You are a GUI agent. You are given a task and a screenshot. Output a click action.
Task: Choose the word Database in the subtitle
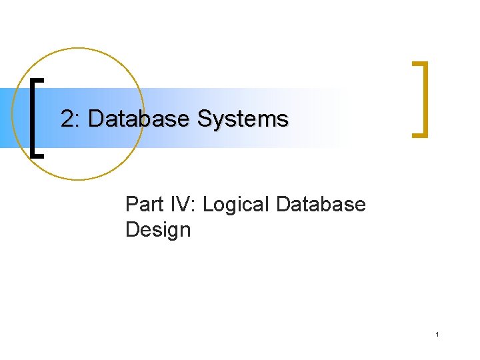pyautogui.click(x=320, y=204)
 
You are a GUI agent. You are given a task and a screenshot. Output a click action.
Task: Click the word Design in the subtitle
pyautogui.click(x=157, y=230)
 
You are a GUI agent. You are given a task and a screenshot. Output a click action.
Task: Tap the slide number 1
pyautogui.click(x=437, y=334)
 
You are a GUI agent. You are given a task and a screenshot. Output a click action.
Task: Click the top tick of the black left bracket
pyautogui.click(x=39, y=79)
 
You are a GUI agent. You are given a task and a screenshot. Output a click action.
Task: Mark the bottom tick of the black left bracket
pyautogui.click(x=39, y=155)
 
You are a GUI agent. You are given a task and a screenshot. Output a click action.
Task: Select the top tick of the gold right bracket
pyautogui.click(x=419, y=63)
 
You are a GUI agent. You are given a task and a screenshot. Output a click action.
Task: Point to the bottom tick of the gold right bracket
pyautogui.click(x=419, y=135)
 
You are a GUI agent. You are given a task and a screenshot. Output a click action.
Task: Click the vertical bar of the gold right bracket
pyautogui.click(x=425, y=99)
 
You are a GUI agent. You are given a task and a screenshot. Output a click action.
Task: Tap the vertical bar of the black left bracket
pyautogui.click(x=33, y=117)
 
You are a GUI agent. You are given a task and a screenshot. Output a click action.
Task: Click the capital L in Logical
pyautogui.click(x=208, y=204)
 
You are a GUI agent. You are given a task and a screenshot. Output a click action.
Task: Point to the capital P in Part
pyautogui.click(x=131, y=204)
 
